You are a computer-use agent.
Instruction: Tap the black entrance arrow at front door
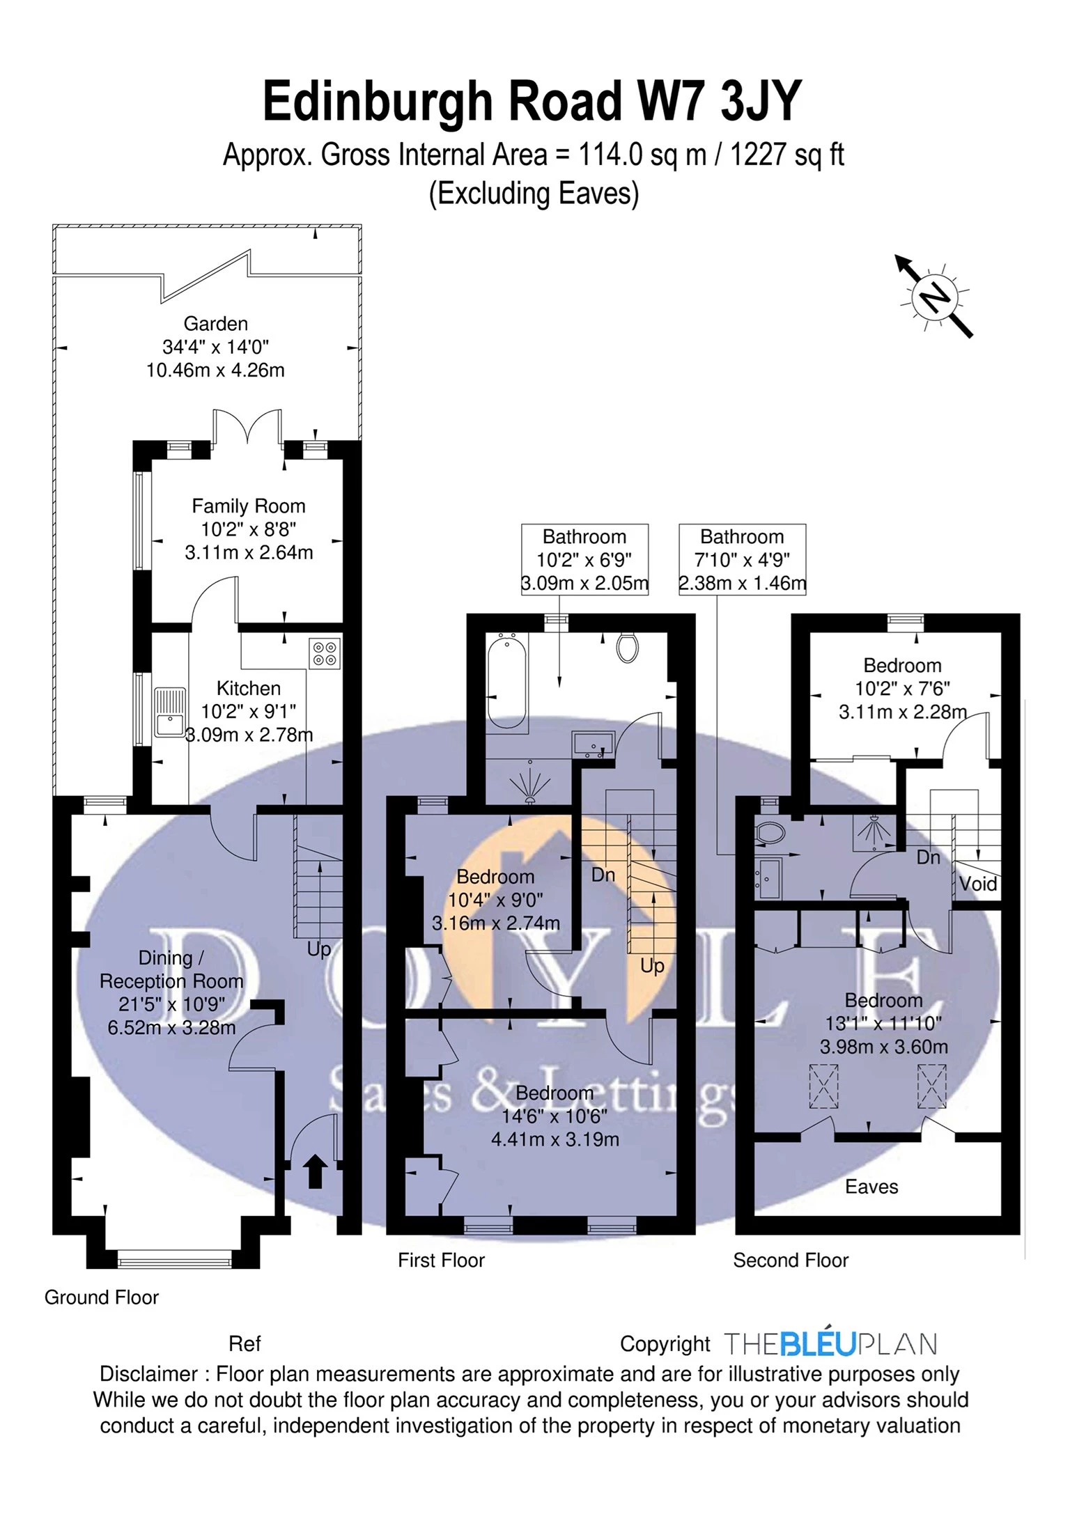click(315, 1171)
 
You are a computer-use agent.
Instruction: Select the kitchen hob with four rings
click(325, 653)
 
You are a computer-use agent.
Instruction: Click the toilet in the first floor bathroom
click(628, 648)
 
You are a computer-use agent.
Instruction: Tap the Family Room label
click(249, 506)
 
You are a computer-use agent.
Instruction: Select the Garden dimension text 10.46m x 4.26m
click(215, 370)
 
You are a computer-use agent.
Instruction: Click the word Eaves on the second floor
click(871, 1187)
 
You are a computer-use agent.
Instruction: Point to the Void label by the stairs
click(977, 884)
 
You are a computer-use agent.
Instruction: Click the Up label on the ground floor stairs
click(319, 949)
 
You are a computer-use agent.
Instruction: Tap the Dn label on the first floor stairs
click(603, 875)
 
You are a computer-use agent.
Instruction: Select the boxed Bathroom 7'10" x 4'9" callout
click(742, 559)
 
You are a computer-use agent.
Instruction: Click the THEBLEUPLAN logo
click(830, 1344)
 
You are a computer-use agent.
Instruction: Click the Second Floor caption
click(791, 1261)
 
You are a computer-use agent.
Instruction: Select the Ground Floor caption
click(102, 1297)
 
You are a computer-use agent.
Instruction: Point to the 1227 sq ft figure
click(786, 155)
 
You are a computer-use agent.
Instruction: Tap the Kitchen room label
click(249, 688)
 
